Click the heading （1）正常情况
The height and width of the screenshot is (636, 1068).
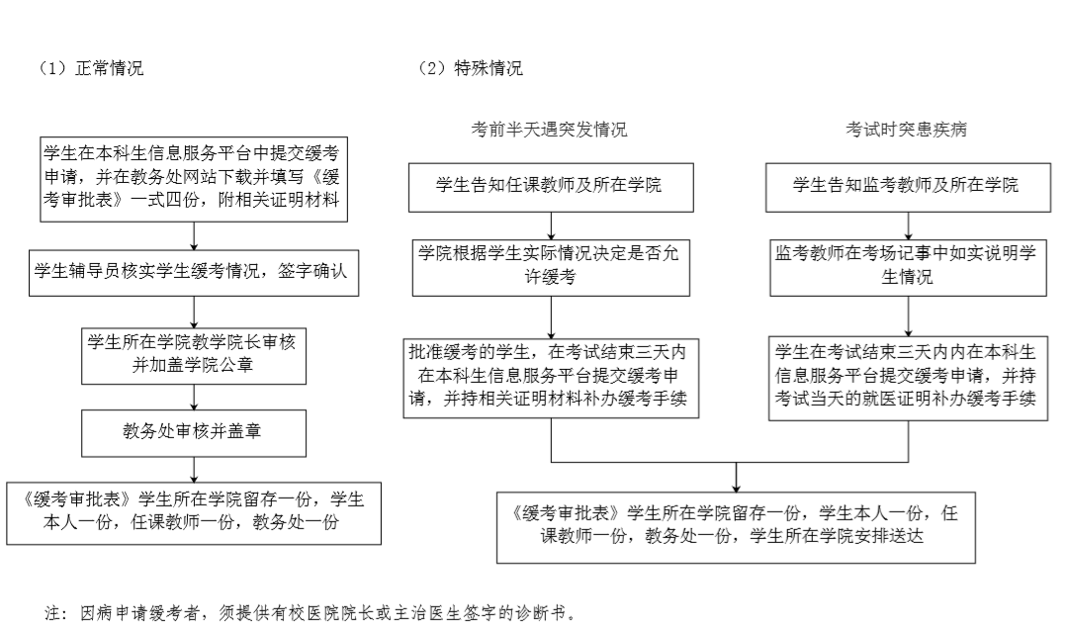pyautogui.click(x=90, y=68)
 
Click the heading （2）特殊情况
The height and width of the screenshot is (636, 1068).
pyautogui.click(x=470, y=68)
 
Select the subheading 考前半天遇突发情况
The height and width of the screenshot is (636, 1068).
pyautogui.click(x=549, y=130)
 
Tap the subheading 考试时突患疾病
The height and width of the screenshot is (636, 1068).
pyautogui.click(x=907, y=130)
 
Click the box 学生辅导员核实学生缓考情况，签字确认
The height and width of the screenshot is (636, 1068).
pyautogui.click(x=194, y=273)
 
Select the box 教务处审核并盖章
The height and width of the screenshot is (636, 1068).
pyautogui.click(x=194, y=433)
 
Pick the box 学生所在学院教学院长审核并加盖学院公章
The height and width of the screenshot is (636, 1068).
pyautogui.click(x=194, y=356)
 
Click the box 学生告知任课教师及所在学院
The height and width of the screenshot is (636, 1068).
pyautogui.click(x=551, y=187)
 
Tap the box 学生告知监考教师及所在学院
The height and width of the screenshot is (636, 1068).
pyautogui.click(x=908, y=187)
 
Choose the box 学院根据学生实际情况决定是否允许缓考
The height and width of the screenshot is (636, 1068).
pyautogui.click(x=551, y=267)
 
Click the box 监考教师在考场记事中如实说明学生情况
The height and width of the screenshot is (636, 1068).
pyautogui.click(x=908, y=267)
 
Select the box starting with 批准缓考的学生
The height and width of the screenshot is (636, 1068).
pyautogui.click(x=551, y=378)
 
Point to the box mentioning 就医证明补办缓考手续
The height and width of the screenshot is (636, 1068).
pyautogui.click(x=908, y=378)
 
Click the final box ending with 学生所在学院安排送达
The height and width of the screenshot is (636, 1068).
pyautogui.click(x=736, y=528)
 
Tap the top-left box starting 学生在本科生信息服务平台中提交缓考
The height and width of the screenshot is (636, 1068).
pyautogui.click(x=194, y=179)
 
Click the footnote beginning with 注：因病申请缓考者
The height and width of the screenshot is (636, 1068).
pyautogui.click(x=311, y=613)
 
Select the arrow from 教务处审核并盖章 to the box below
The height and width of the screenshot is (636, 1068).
pyautogui.click(x=194, y=470)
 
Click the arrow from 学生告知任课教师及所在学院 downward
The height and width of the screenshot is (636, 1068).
pyautogui.click(x=551, y=227)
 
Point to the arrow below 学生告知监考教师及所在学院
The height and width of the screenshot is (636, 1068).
pyautogui.click(x=908, y=227)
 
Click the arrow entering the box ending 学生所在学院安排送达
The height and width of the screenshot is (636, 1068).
pyautogui.click(x=736, y=478)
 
